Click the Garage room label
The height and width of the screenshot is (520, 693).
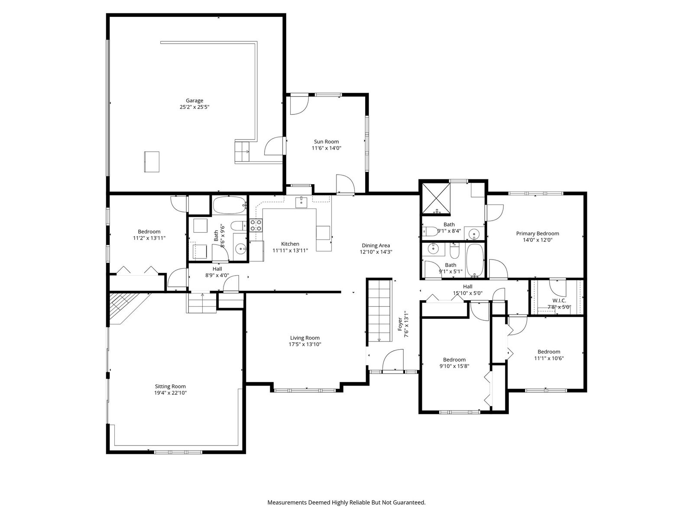(x=194, y=101)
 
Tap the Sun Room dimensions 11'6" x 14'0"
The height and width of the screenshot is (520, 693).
(x=326, y=148)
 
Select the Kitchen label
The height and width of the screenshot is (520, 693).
(x=290, y=244)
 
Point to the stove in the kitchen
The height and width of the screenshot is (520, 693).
(x=256, y=225)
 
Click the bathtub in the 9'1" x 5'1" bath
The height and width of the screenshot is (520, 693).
(x=475, y=260)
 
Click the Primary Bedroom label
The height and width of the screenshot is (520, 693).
(x=537, y=234)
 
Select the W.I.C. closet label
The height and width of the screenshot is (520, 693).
(x=559, y=301)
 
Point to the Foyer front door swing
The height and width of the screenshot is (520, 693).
(x=393, y=360)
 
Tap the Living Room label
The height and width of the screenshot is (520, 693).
(x=305, y=338)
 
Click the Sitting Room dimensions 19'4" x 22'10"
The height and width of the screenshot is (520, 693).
(x=171, y=393)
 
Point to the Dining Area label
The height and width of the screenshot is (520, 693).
(x=376, y=245)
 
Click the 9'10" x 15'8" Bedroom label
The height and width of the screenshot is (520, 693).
(x=454, y=360)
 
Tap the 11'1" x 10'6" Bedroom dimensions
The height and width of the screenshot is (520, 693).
(x=549, y=358)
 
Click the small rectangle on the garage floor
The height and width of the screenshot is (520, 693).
(x=152, y=162)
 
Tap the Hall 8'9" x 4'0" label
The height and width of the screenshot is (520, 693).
(x=217, y=269)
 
